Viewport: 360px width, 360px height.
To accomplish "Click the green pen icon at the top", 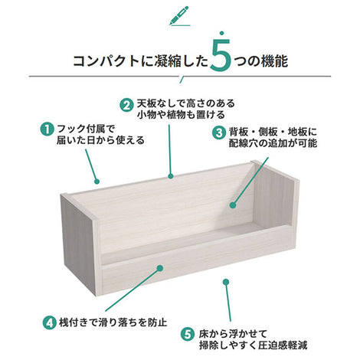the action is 179,15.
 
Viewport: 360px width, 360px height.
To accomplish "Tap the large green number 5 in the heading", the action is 221,54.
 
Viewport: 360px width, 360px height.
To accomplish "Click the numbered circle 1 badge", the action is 47,129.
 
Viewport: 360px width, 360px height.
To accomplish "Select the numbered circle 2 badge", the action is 127,105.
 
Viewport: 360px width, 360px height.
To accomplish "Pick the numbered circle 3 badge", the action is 219,133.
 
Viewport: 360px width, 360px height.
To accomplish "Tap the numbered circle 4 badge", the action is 49,323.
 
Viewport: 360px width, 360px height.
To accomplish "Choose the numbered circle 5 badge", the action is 188,335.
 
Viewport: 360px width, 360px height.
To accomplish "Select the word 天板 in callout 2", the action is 146,103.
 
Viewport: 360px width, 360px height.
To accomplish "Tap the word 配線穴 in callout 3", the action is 243,143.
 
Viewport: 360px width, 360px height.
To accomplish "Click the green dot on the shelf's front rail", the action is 160,268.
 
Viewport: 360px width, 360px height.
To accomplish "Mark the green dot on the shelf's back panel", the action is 233,205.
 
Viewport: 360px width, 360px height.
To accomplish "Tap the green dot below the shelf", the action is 226,282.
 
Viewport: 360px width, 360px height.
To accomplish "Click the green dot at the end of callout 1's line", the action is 97,182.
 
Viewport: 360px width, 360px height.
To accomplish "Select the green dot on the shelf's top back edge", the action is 171,176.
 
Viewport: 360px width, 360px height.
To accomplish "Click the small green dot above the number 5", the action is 222,33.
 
